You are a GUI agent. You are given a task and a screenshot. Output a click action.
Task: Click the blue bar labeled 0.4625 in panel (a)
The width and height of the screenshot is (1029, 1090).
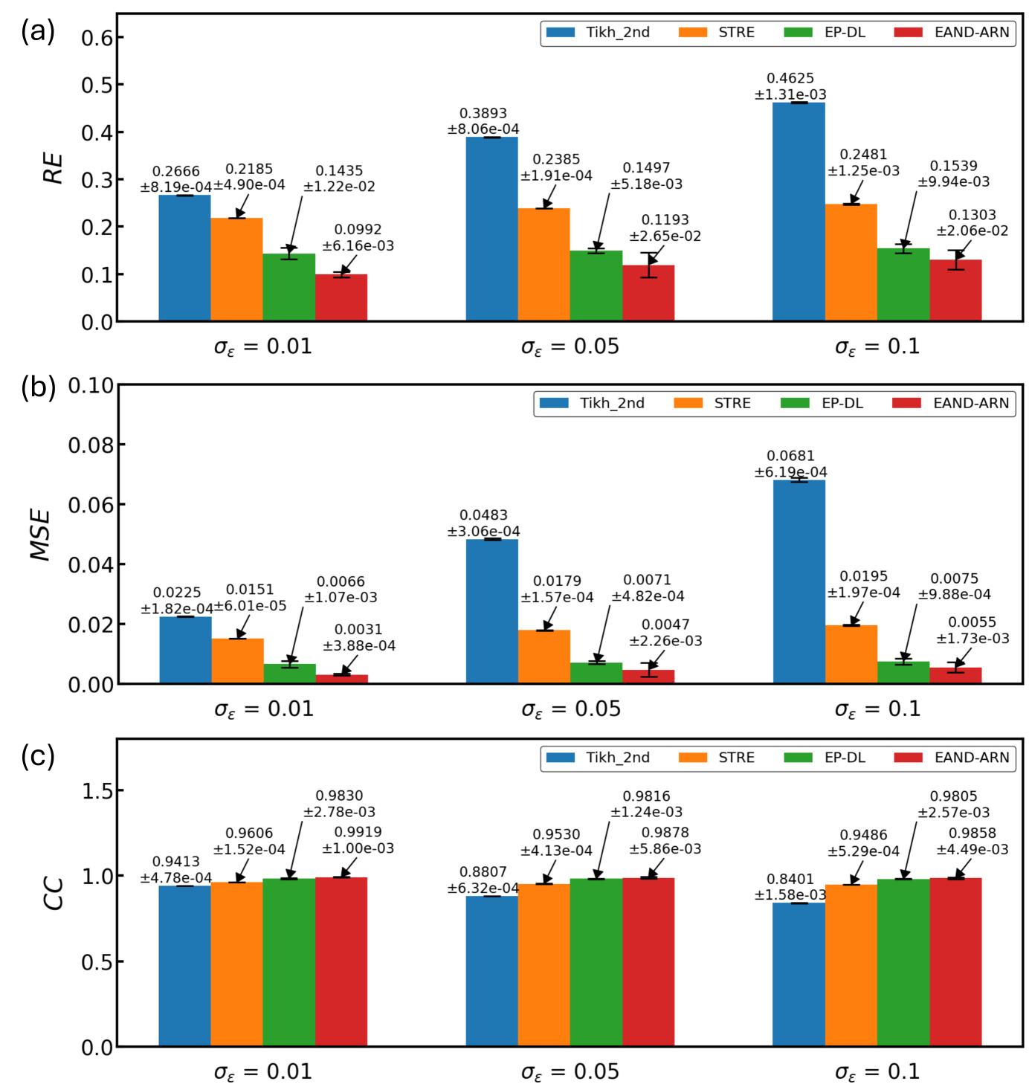pos(799,212)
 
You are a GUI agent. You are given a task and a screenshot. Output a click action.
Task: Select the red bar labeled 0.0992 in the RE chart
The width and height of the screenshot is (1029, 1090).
pos(341,297)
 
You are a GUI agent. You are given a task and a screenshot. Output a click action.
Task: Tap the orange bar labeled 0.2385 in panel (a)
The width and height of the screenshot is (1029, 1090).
pos(543,265)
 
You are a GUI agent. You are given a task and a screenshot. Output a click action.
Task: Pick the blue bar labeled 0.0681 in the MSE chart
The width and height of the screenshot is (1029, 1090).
pos(799,581)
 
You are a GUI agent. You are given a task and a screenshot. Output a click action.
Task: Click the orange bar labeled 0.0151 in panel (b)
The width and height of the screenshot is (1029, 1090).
pos(237,661)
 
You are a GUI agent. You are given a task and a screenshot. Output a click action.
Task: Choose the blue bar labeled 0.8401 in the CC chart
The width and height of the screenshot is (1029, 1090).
pos(799,974)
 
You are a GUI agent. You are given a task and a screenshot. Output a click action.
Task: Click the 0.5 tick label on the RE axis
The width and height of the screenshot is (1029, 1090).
pos(97,86)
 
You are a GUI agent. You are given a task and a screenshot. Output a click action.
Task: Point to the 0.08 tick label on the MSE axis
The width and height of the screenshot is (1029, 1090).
pos(91,445)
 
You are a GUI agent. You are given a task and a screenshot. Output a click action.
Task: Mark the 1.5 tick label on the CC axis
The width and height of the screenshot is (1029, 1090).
pos(97,791)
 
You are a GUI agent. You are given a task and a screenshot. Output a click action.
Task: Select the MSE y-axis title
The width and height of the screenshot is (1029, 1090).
pos(41,535)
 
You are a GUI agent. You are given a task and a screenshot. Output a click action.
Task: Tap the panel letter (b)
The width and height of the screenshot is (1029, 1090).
pos(38,387)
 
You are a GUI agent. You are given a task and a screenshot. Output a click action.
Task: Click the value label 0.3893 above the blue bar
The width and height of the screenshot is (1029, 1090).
pos(483,113)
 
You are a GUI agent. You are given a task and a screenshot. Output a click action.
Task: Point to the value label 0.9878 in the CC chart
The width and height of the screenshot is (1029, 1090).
pos(665,833)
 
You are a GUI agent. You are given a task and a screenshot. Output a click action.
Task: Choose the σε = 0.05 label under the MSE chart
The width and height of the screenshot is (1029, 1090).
pos(570,709)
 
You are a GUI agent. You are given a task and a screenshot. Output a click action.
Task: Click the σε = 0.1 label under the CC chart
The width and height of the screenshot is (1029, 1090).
pos(877,1072)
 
